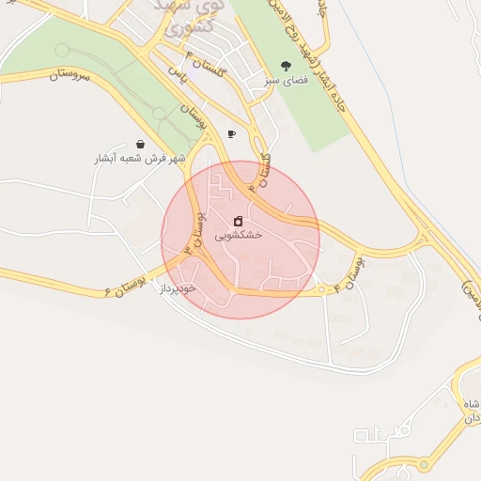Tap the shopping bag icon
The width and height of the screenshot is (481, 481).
(x=140, y=145)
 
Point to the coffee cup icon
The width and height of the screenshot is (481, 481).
(x=231, y=134)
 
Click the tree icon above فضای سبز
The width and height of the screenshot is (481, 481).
(x=286, y=66)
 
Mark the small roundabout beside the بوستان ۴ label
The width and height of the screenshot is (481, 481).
(x=324, y=289)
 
